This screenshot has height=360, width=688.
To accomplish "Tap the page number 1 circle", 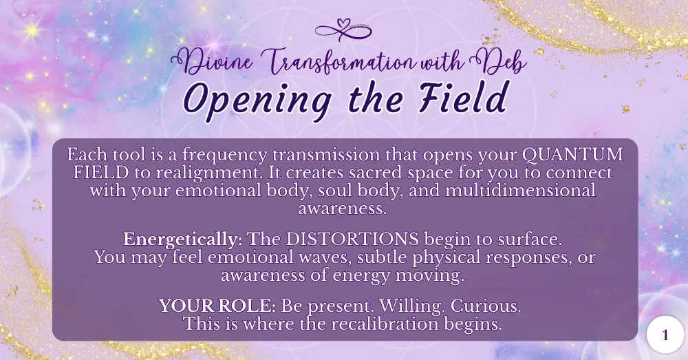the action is (665, 335).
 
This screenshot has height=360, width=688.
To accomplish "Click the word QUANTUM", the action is (572, 155).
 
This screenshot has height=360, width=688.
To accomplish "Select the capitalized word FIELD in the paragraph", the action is (101, 173).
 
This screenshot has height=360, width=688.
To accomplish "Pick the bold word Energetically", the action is (180, 240).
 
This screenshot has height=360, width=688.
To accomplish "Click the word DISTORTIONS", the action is (352, 240).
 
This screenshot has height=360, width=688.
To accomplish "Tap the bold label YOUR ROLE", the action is (217, 306).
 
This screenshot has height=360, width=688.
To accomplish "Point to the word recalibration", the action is (385, 324).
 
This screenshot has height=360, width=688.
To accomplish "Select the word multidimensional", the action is (520, 190).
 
